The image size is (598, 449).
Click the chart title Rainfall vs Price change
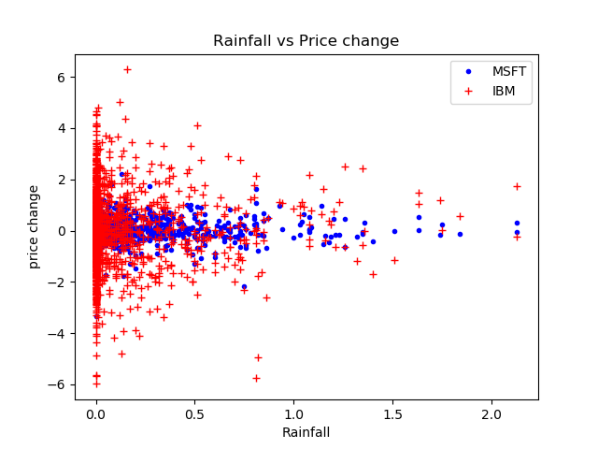tap(306, 41)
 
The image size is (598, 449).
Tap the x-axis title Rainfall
tap(306, 432)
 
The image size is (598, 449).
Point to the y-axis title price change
tap(34, 226)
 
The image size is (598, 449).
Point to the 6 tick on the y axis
tap(60, 78)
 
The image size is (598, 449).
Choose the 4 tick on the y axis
tap(60, 129)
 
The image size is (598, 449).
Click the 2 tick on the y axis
tap(60, 180)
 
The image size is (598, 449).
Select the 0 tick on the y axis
tap(60, 231)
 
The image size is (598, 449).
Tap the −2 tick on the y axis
tap(56, 282)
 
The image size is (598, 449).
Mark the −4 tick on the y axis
tap(56, 334)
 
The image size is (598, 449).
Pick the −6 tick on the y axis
tap(56, 384)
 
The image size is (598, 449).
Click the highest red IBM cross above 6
tap(127, 69)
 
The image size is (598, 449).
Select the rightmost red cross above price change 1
tap(517, 186)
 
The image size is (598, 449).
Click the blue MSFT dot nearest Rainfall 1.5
tap(394, 231)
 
